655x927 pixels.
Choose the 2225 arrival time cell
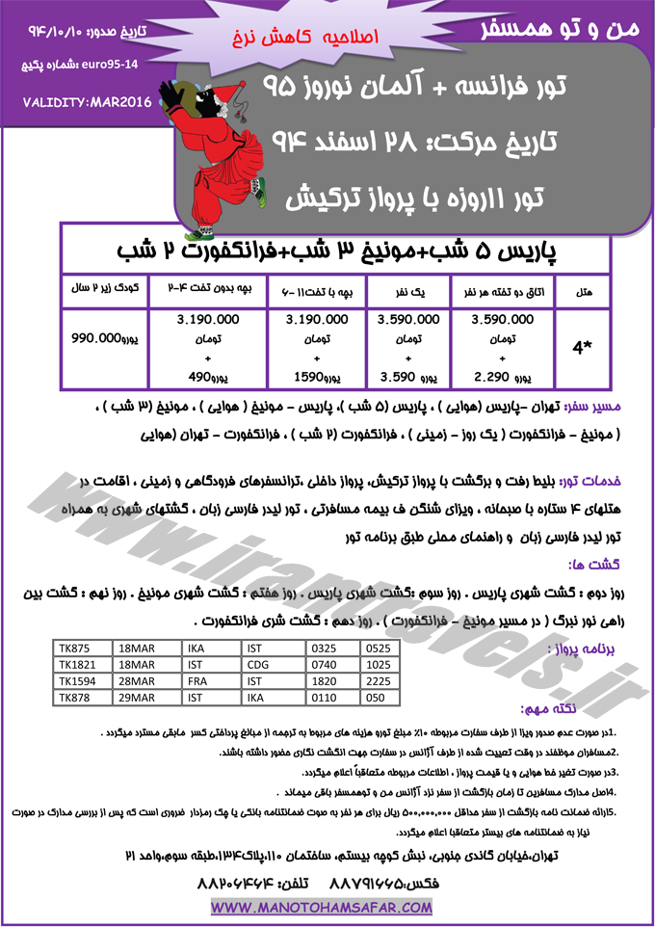(x=393, y=680)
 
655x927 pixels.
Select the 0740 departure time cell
(x=332, y=665)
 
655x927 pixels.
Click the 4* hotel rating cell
(x=582, y=350)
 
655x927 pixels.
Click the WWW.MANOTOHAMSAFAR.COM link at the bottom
(x=323, y=908)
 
